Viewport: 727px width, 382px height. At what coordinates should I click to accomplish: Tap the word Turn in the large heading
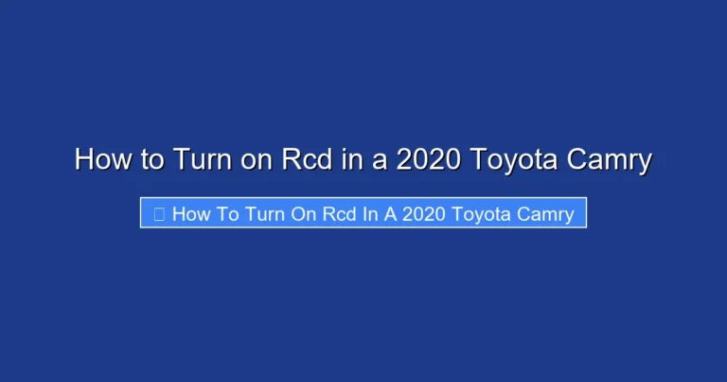pyautogui.click(x=200, y=159)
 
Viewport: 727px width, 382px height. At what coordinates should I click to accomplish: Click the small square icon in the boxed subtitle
pyautogui.click(x=158, y=214)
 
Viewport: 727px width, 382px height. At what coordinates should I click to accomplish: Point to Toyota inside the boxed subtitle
pyautogui.click(x=482, y=214)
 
